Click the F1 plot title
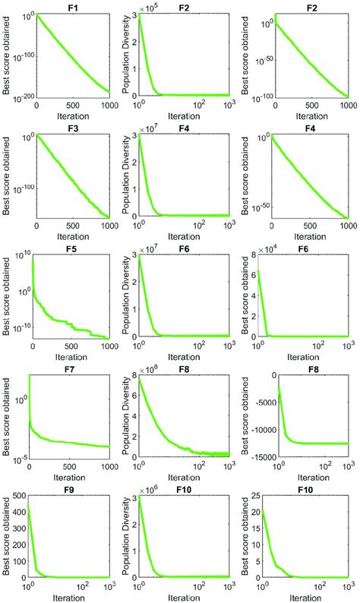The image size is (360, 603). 73,6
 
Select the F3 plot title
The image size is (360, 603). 73,126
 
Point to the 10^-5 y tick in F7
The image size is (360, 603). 21,457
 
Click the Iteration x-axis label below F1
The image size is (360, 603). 73,116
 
